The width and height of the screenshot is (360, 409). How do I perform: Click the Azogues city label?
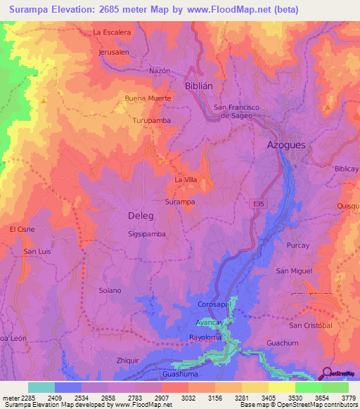[x=287, y=144]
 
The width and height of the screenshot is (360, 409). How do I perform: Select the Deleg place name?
[x=141, y=215]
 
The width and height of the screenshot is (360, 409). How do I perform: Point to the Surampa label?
[x=179, y=202]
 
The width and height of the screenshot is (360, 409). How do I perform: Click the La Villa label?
[x=186, y=180]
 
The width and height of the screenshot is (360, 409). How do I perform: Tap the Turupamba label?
[x=151, y=120]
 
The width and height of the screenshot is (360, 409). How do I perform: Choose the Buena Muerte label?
[x=148, y=98]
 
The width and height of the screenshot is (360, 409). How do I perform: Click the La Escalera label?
[x=112, y=32]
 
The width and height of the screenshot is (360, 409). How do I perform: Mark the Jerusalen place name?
[x=114, y=52]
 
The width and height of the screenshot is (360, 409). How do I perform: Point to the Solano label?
[x=110, y=290]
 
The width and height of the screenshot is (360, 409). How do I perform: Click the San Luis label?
[x=37, y=251]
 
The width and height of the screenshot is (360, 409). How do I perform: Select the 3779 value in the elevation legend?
[x=347, y=398]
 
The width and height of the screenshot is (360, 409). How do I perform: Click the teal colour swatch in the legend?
[x=41, y=387]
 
